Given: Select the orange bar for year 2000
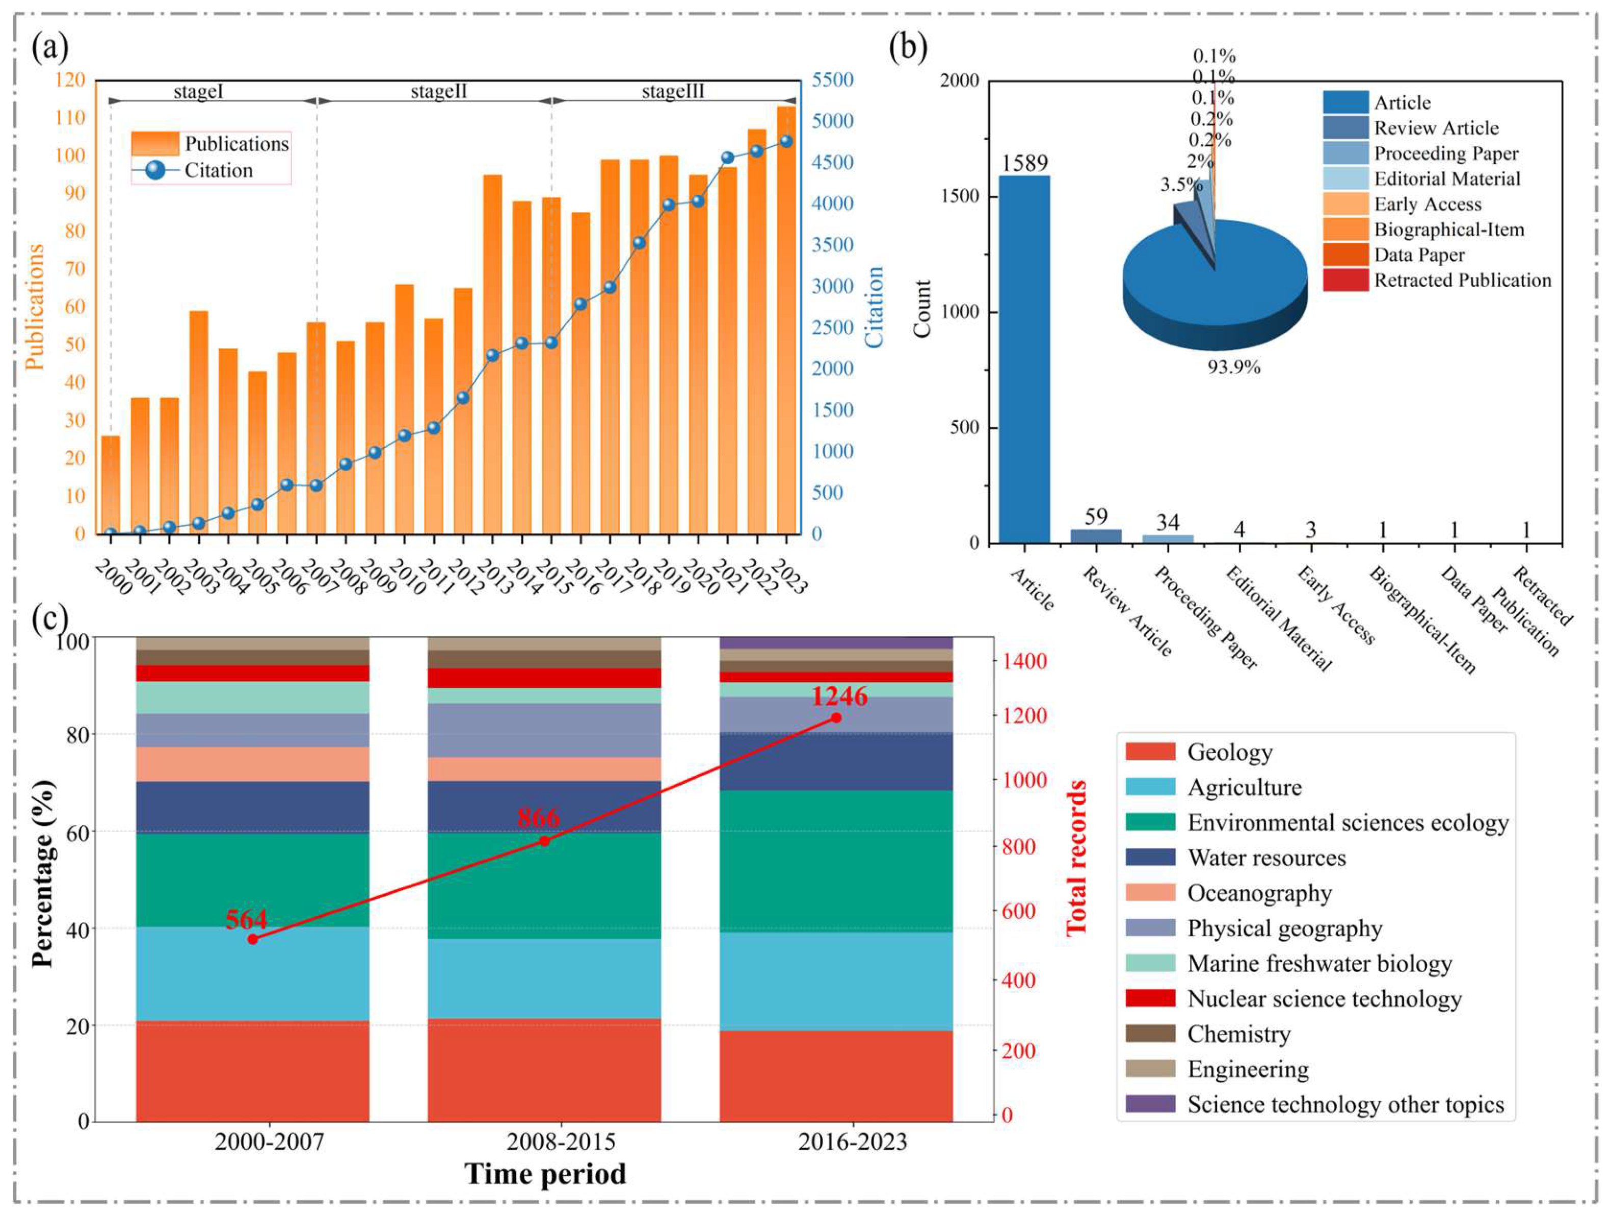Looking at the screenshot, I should point(111,484).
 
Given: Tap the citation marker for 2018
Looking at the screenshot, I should point(639,243).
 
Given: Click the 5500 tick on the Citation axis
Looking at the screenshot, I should point(832,80).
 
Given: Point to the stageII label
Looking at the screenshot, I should point(438,92).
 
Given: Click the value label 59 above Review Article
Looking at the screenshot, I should point(1095,517).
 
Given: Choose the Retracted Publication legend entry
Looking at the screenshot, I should point(1462,280).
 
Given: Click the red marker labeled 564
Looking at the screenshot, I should point(253,939).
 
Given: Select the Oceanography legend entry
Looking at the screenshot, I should point(1259,893).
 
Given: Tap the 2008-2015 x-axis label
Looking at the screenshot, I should point(561,1142).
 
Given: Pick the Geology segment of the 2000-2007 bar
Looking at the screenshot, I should point(253,1070).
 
